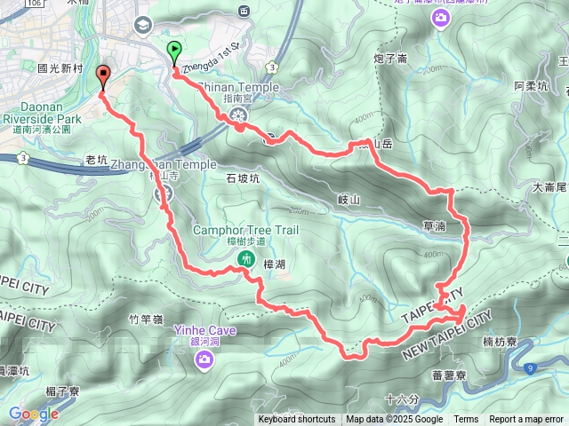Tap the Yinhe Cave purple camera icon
pyautogui.click(x=204, y=359)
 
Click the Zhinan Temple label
pyautogui.click(x=237, y=88)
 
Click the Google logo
pyautogui.click(x=34, y=414)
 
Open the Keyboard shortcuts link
pyautogui.click(x=297, y=420)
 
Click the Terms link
pyautogui.click(x=466, y=420)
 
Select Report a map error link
pyautogui.click(x=526, y=420)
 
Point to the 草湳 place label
pyautogui.click(x=435, y=226)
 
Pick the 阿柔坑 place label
pyautogui.click(x=532, y=86)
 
